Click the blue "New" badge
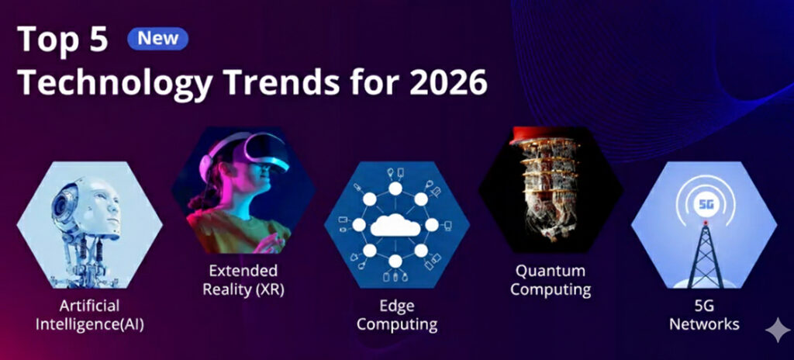[157, 38]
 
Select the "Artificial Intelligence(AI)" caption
[89, 314]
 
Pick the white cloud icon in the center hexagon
[396, 225]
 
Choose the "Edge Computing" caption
[396, 315]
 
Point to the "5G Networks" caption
[704, 315]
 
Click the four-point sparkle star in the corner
[777, 331]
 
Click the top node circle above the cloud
[395, 189]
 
